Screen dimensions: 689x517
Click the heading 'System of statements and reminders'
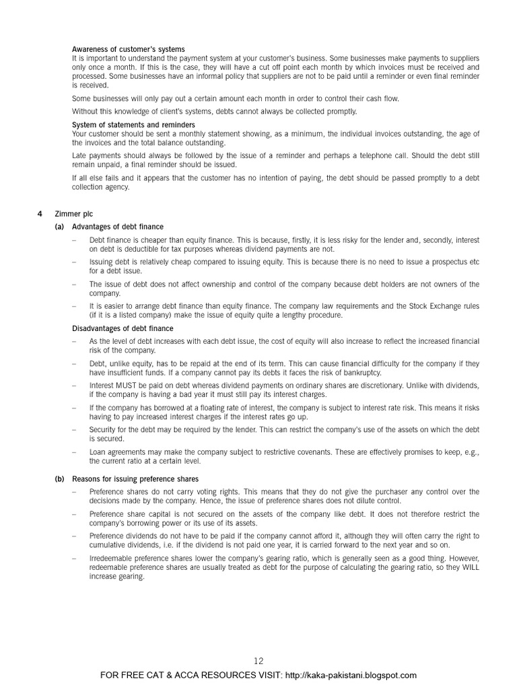(x=134, y=124)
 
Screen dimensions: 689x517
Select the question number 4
(x=39, y=213)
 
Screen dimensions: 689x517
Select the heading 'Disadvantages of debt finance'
(x=123, y=328)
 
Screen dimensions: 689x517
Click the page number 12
(x=259, y=662)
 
